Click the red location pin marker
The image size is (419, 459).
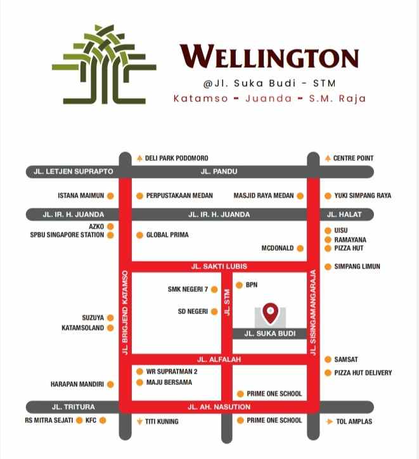[271, 311]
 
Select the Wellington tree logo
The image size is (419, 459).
[104, 63]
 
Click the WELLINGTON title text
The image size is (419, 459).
[269, 57]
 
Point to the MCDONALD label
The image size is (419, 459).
[278, 248]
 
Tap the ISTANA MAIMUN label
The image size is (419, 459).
[81, 196]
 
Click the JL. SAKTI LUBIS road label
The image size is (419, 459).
[219, 267]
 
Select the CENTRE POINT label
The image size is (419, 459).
[353, 158]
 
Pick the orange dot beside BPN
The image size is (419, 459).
[239, 285]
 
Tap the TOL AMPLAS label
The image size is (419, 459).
[354, 421]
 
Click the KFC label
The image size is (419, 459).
[91, 420]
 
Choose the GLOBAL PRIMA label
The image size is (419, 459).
[167, 235]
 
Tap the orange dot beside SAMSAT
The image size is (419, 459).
[328, 360]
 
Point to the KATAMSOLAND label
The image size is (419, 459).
[82, 328]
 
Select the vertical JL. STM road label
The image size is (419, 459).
[226, 298]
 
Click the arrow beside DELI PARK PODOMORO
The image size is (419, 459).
[139, 158]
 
